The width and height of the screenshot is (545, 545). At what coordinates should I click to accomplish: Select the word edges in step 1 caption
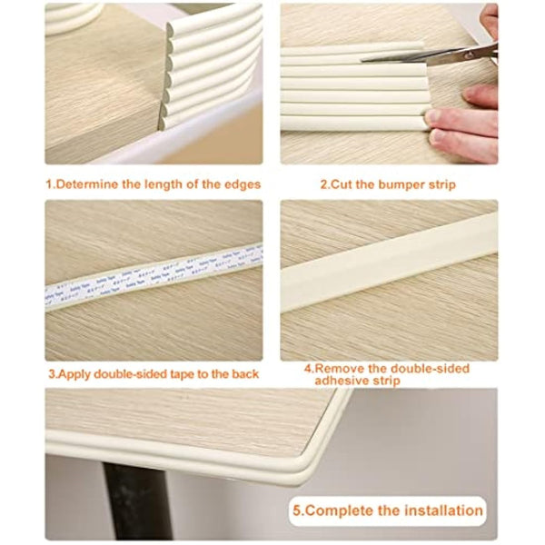[239, 184]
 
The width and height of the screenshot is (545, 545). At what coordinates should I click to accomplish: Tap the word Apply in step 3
[75, 373]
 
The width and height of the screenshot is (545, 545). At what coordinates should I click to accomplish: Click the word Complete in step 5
[338, 510]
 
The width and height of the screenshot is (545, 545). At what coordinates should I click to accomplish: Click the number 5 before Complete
[297, 510]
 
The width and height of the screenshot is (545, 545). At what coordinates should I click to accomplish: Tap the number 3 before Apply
[50, 373]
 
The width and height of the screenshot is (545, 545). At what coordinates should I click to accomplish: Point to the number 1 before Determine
[50, 184]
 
